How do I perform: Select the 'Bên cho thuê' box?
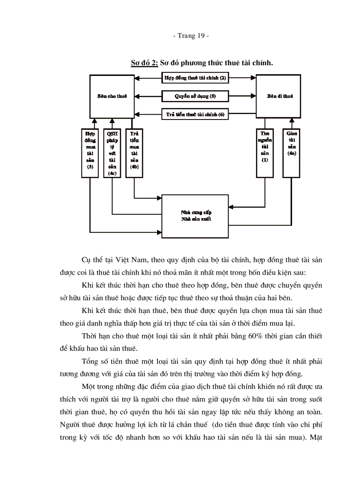tap(112, 96)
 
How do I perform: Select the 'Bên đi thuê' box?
tap(279, 96)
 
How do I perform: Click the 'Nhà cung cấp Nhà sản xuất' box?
tap(195, 216)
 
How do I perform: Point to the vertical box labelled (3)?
tap(90, 153)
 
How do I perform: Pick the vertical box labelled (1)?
tap(265, 153)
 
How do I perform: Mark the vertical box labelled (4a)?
tap(292, 153)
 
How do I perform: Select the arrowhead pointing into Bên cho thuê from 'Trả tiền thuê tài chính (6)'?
tap(137, 114)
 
